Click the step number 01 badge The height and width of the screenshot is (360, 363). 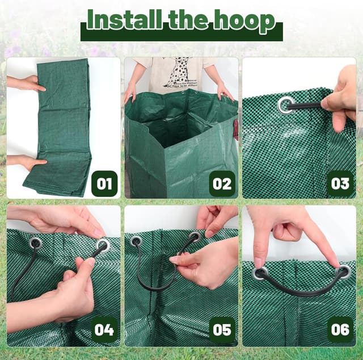point(104,183)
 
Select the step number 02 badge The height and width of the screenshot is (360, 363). point(222,183)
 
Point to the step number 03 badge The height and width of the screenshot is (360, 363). point(340,183)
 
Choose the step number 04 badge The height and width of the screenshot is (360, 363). point(104,330)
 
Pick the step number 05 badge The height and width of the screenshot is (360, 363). point(222,330)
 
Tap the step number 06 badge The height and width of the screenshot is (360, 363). point(340,330)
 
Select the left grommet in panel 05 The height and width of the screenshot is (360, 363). point(136,241)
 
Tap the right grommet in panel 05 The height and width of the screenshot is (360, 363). point(195,237)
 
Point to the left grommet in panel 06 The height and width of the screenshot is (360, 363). point(260,273)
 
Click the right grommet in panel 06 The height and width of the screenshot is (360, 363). point(343,271)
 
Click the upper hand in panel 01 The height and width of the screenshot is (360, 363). point(26,83)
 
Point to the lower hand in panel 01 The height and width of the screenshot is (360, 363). point(26,162)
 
